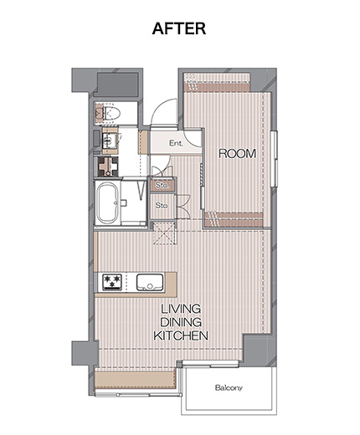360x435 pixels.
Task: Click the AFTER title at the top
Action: (x=179, y=28)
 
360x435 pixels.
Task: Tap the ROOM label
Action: (x=237, y=153)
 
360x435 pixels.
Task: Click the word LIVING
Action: (x=181, y=309)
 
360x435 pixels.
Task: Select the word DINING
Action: (x=181, y=322)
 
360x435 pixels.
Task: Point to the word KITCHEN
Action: (x=181, y=335)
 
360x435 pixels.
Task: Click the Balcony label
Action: (x=229, y=387)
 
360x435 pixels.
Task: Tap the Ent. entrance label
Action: (x=176, y=143)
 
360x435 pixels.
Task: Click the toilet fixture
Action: (x=111, y=113)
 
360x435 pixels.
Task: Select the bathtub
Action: (x=108, y=202)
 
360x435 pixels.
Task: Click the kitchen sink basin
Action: (x=150, y=282)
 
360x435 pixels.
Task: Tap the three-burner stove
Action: (x=112, y=282)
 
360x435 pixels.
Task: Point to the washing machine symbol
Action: (x=108, y=166)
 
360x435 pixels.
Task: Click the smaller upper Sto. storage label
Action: (x=162, y=185)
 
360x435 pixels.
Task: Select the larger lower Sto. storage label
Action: (x=162, y=206)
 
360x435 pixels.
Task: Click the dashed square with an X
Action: (x=165, y=233)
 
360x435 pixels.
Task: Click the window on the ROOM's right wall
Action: (x=274, y=158)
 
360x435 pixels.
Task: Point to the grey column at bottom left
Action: (x=85, y=353)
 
